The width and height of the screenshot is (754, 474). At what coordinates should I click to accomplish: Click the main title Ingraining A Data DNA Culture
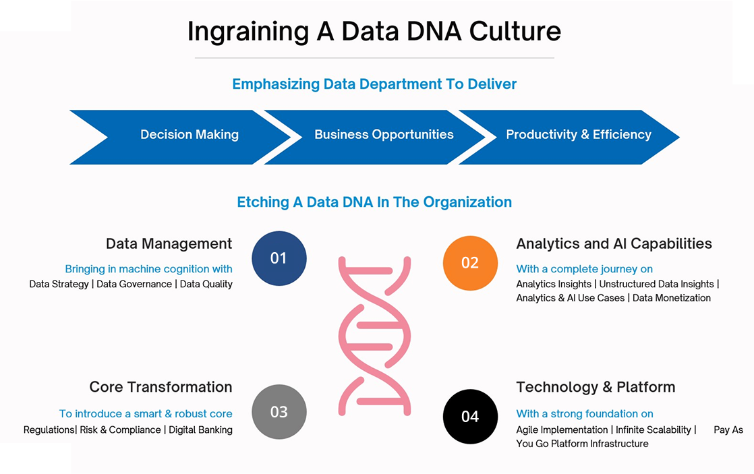tap(374, 32)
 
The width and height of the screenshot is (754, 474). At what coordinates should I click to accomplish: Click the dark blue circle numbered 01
tap(279, 258)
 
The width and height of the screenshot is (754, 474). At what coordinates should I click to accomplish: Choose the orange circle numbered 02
tap(470, 263)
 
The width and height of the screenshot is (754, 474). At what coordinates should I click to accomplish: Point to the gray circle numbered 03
tap(279, 411)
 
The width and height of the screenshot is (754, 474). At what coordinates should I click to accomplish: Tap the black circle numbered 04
tap(470, 416)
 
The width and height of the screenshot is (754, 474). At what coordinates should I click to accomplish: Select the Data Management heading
tap(169, 243)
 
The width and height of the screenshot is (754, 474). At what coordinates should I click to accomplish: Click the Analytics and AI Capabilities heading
tap(614, 243)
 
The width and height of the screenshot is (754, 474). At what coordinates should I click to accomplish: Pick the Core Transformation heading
tap(161, 387)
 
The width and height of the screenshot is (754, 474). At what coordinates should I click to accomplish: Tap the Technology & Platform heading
tap(596, 387)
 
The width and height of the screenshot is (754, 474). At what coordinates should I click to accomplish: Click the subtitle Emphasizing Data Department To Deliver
tap(374, 84)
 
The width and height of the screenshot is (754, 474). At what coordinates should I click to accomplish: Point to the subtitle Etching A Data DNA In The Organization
tap(374, 202)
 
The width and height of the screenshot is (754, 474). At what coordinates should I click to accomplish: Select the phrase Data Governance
tap(134, 284)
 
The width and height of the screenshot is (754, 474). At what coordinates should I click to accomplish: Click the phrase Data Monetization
tap(671, 298)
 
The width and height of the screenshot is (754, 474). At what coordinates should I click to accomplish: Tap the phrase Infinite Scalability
tap(654, 429)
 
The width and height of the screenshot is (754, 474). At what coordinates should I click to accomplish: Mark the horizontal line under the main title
tap(374, 58)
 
